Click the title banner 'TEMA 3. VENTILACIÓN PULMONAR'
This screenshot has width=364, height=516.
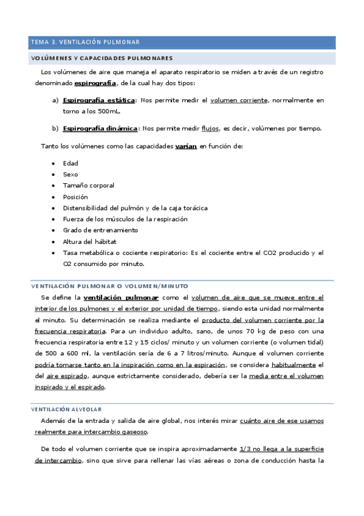tap(85, 43)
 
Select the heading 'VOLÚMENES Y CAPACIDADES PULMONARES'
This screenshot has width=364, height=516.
tap(102, 58)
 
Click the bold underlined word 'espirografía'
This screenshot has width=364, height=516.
tap(95, 83)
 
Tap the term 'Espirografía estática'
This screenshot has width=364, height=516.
tap(99, 100)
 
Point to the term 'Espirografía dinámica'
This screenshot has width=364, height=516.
tap(100, 129)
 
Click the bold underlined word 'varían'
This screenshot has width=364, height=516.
tap(186, 147)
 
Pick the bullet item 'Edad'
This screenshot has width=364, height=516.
tap(70, 164)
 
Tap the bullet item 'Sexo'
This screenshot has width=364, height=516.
tap(70, 175)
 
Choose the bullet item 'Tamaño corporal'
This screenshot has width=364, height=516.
tap(88, 186)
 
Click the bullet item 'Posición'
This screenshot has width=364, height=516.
tap(75, 197)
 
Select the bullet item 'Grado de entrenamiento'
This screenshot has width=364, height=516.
tap(100, 231)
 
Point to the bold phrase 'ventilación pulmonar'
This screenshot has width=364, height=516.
tap(121, 298)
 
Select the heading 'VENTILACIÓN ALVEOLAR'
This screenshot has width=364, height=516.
tap(67, 410)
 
